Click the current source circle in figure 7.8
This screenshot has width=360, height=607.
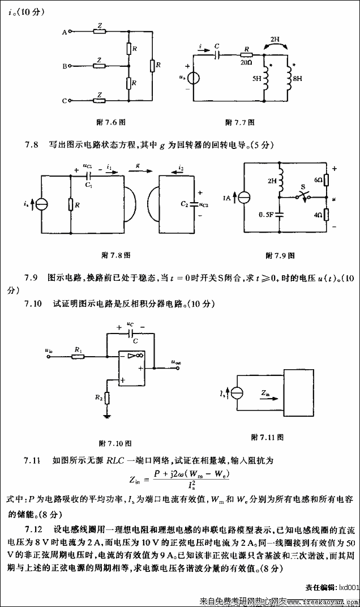(x=43, y=203)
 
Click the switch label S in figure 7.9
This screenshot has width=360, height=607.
(x=303, y=186)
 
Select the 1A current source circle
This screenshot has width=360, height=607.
(x=244, y=198)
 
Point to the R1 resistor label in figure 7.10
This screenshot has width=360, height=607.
(x=78, y=349)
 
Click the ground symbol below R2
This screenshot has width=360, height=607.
(x=106, y=417)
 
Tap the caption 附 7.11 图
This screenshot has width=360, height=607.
(x=267, y=437)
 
